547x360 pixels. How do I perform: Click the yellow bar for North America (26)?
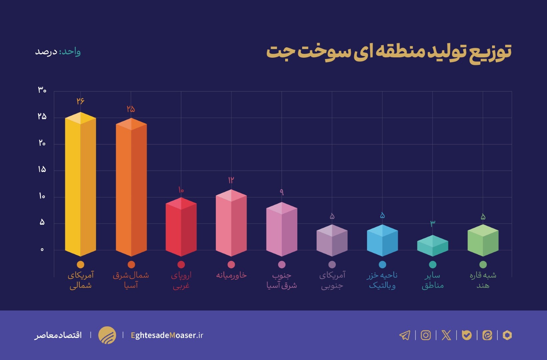pyautogui.click(x=80, y=187)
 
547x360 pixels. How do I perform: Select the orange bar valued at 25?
pyautogui.click(x=131, y=190)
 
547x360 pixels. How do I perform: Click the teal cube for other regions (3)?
pyautogui.click(x=432, y=246)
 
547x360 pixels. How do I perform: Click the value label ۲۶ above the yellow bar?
pyautogui.click(x=80, y=101)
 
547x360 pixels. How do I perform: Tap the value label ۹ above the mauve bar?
pyautogui.click(x=281, y=192)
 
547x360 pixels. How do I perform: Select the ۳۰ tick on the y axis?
pyautogui.click(x=42, y=90)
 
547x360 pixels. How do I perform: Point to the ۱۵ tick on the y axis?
pyautogui.click(x=42, y=170)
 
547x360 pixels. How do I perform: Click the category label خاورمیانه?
pyautogui.click(x=231, y=275)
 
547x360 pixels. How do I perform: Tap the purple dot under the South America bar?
pyautogui.click(x=332, y=264)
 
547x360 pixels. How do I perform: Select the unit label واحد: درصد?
pyautogui.click(x=58, y=52)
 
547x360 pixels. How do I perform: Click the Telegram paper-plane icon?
pyautogui.click(x=405, y=335)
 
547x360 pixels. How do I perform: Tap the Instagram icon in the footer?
pyautogui.click(x=426, y=335)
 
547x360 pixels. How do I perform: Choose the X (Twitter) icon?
pyautogui.click(x=446, y=335)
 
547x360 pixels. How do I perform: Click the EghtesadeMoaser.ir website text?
pyautogui.click(x=167, y=335)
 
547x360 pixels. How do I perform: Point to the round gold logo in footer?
pyautogui.click(x=107, y=335)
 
